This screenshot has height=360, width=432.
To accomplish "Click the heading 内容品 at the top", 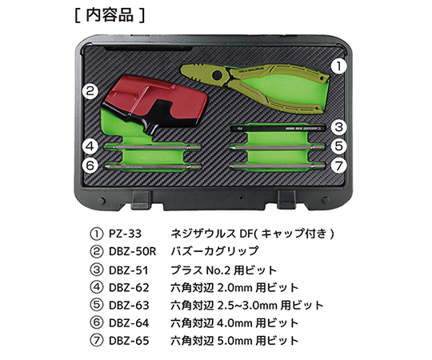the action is (x=110, y=15).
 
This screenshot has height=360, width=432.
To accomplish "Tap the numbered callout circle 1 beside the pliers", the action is (x=338, y=66).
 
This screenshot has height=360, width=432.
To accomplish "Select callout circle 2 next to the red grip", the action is (x=90, y=91).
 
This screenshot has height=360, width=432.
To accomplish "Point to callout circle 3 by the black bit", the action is (x=338, y=127).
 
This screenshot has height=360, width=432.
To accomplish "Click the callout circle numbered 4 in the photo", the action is (x=90, y=146).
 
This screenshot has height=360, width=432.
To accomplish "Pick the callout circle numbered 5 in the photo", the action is (x=338, y=146).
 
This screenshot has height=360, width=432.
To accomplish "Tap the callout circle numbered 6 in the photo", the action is (x=90, y=166).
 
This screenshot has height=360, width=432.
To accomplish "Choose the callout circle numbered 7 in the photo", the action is (x=338, y=166).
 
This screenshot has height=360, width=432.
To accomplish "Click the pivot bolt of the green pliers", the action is (x=218, y=74).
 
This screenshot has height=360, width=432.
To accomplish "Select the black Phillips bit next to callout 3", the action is (x=278, y=128).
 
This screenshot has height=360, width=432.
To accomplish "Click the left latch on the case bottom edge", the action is (x=141, y=199).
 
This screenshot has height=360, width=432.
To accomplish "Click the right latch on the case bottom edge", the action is (x=286, y=199).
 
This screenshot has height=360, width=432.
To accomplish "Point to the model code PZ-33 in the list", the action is (x=125, y=234).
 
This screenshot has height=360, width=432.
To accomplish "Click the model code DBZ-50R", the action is (x=133, y=251).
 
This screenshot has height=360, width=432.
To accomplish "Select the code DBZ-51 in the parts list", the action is (x=129, y=270).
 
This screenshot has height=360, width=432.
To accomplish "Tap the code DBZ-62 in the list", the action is (x=129, y=288).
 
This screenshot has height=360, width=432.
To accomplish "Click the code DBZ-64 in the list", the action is (x=129, y=323).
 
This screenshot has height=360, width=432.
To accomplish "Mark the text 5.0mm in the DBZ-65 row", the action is (x=234, y=341).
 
